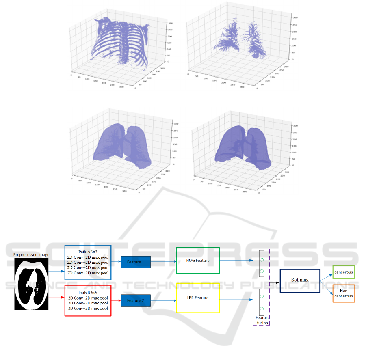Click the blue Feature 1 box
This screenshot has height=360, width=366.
[135, 262]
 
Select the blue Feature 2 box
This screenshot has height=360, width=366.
[135, 300]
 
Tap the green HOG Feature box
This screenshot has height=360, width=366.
[197, 260]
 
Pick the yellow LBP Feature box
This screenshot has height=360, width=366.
[197, 298]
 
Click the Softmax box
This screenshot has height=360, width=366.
[300, 280]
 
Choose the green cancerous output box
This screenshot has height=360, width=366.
[343, 272]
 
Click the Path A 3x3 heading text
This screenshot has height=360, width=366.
[88, 251]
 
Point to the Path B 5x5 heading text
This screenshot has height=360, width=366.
[88, 292]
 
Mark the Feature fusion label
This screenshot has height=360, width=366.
[262, 320]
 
